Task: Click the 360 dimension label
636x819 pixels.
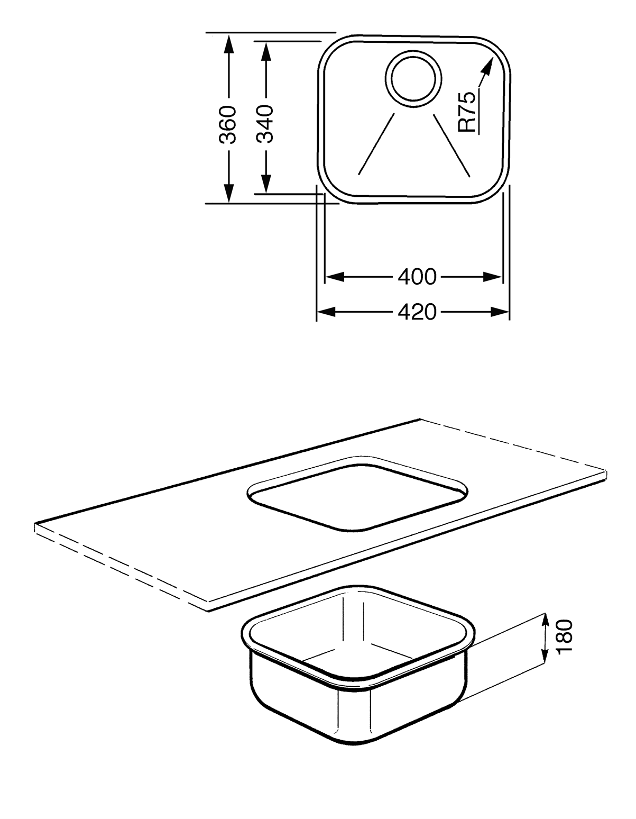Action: click(228, 125)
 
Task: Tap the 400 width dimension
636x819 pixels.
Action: click(417, 277)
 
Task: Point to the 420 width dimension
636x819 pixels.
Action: click(417, 312)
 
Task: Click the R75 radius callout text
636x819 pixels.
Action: click(467, 112)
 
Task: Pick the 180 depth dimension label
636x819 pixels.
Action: click(564, 637)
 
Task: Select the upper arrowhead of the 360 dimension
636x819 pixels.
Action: click(228, 44)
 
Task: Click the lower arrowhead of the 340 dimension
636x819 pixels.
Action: click(266, 183)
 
